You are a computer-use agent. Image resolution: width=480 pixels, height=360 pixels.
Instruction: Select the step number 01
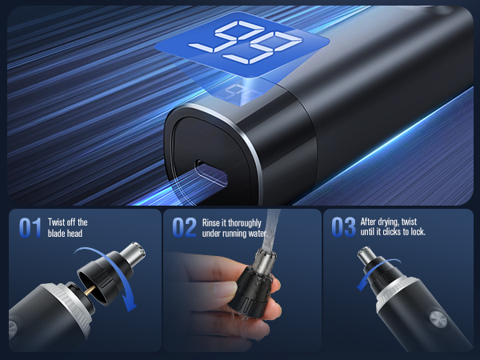tap(30, 228)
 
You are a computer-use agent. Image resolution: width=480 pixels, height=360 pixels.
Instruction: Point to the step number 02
tap(183, 228)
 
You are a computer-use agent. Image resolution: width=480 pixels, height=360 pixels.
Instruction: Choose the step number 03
tap(344, 228)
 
